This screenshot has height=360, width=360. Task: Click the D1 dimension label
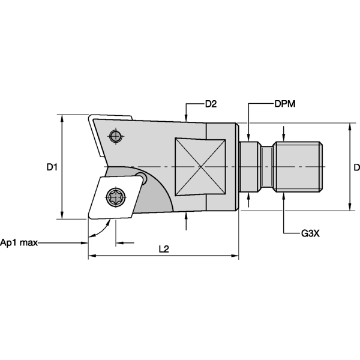tap(52, 168)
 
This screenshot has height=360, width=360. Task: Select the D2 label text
tap(211, 104)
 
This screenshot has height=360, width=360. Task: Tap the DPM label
tap(284, 104)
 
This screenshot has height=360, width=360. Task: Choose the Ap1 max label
tap(19, 242)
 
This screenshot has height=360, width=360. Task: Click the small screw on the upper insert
tap(116, 136)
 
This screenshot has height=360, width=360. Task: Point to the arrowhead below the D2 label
tap(187, 118)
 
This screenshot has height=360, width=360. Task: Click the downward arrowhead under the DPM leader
tap(247, 136)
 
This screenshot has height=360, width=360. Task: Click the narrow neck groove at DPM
tap(247, 166)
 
